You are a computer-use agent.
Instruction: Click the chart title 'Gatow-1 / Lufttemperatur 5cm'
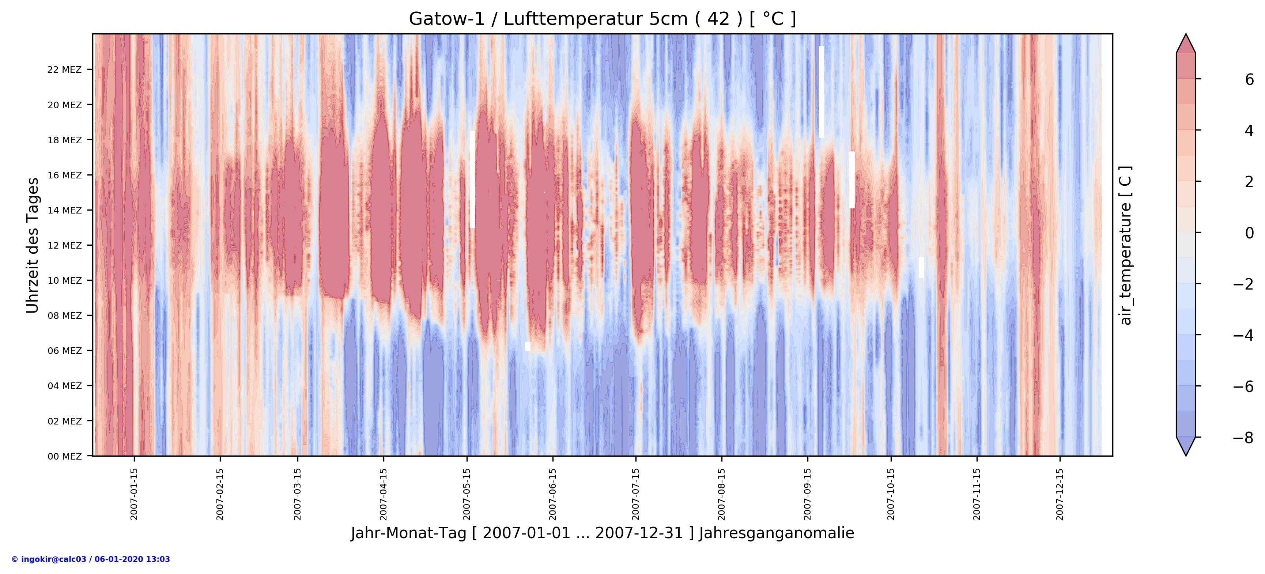pos(602,19)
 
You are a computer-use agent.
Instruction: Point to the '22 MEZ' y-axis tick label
pos(64,70)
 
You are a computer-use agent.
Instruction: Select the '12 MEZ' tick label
pos(64,246)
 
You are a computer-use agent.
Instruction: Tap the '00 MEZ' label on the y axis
pos(64,456)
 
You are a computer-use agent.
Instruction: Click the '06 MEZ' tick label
pos(64,351)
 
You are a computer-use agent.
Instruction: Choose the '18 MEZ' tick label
pos(64,140)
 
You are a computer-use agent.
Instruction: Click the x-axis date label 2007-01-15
pos(134,494)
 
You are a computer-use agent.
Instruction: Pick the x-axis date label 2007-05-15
pos(467,494)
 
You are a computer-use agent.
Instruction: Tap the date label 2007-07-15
pos(636,494)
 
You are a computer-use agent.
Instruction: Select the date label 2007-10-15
pos(891,494)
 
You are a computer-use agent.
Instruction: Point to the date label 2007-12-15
pos(1060,494)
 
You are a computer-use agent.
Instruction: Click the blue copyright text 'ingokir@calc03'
pos(91,559)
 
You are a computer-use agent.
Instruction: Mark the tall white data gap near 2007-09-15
pos(821,92)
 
